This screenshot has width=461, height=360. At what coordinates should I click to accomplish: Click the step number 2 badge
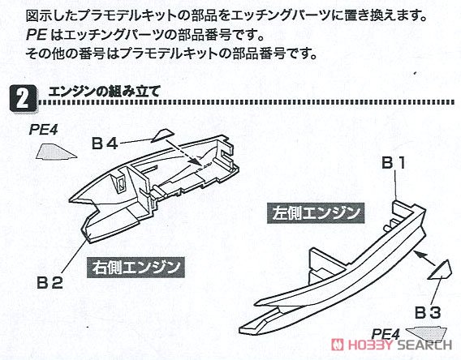24,99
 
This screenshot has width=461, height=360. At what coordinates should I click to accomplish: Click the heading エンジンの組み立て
104,92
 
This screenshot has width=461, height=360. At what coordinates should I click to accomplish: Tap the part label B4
105,144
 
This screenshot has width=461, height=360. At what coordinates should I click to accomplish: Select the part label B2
50,283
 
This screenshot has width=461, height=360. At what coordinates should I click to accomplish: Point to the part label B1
394,162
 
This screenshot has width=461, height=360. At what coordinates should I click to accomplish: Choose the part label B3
428,313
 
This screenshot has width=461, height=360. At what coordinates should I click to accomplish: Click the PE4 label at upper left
43,130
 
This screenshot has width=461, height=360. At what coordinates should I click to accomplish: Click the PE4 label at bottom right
386,334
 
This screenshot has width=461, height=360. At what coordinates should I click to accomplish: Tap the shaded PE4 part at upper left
57,152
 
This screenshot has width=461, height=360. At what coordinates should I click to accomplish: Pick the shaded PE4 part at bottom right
428,332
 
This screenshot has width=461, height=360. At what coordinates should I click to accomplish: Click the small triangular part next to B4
162,136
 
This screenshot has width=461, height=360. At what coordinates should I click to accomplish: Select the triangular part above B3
441,270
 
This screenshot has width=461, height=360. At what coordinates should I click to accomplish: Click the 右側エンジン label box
136,268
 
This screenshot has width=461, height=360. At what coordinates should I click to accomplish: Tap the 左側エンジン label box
316,213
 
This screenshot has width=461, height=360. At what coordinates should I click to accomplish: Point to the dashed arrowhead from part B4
195,161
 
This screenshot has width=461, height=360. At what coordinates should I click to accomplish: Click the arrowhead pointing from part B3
418,254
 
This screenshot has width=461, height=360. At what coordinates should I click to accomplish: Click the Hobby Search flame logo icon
337,345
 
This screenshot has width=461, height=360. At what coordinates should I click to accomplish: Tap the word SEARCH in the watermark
424,345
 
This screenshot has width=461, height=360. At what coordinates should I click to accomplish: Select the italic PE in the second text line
37,36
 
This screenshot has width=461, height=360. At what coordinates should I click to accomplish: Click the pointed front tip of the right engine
70,201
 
